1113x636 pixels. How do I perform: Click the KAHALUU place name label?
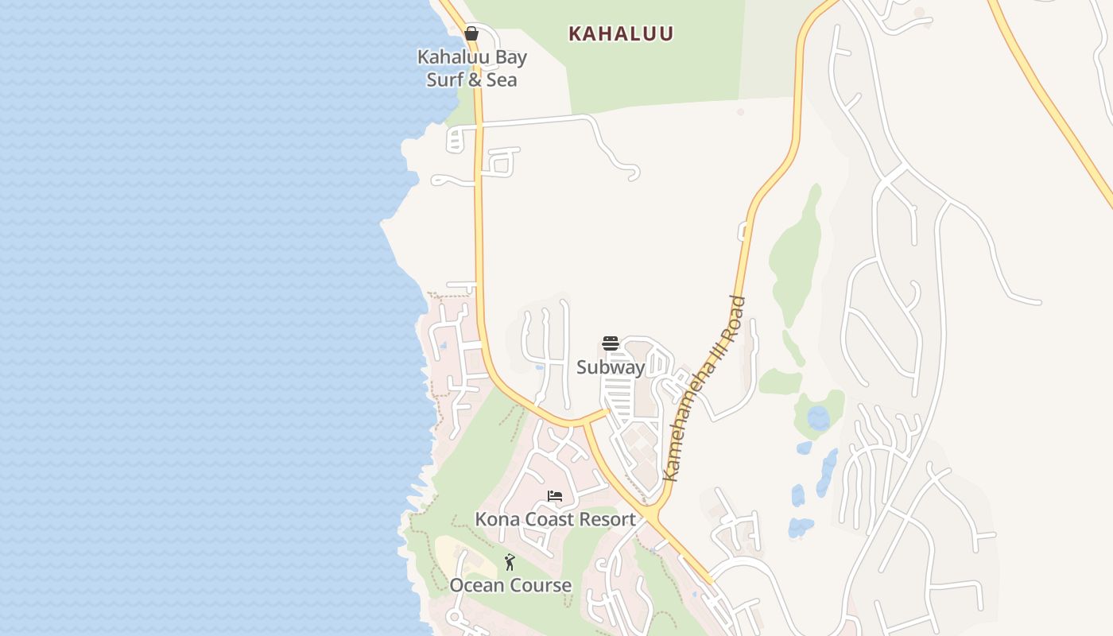[621, 33]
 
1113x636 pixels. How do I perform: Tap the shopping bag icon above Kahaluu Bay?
[471, 33]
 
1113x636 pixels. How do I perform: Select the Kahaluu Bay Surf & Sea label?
[472, 68]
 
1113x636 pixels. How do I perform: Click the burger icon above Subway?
[610, 343]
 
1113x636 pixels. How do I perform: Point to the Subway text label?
[610, 367]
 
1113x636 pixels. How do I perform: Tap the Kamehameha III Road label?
[704, 388]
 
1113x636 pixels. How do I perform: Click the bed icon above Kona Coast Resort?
[555, 496]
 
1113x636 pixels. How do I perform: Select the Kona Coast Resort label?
[555, 519]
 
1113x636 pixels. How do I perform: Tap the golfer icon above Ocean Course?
[510, 562]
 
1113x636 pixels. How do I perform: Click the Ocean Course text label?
[510, 586]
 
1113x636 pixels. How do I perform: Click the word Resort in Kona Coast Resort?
[607, 519]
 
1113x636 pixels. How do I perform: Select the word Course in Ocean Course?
[541, 586]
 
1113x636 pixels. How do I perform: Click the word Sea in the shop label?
[502, 80]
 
